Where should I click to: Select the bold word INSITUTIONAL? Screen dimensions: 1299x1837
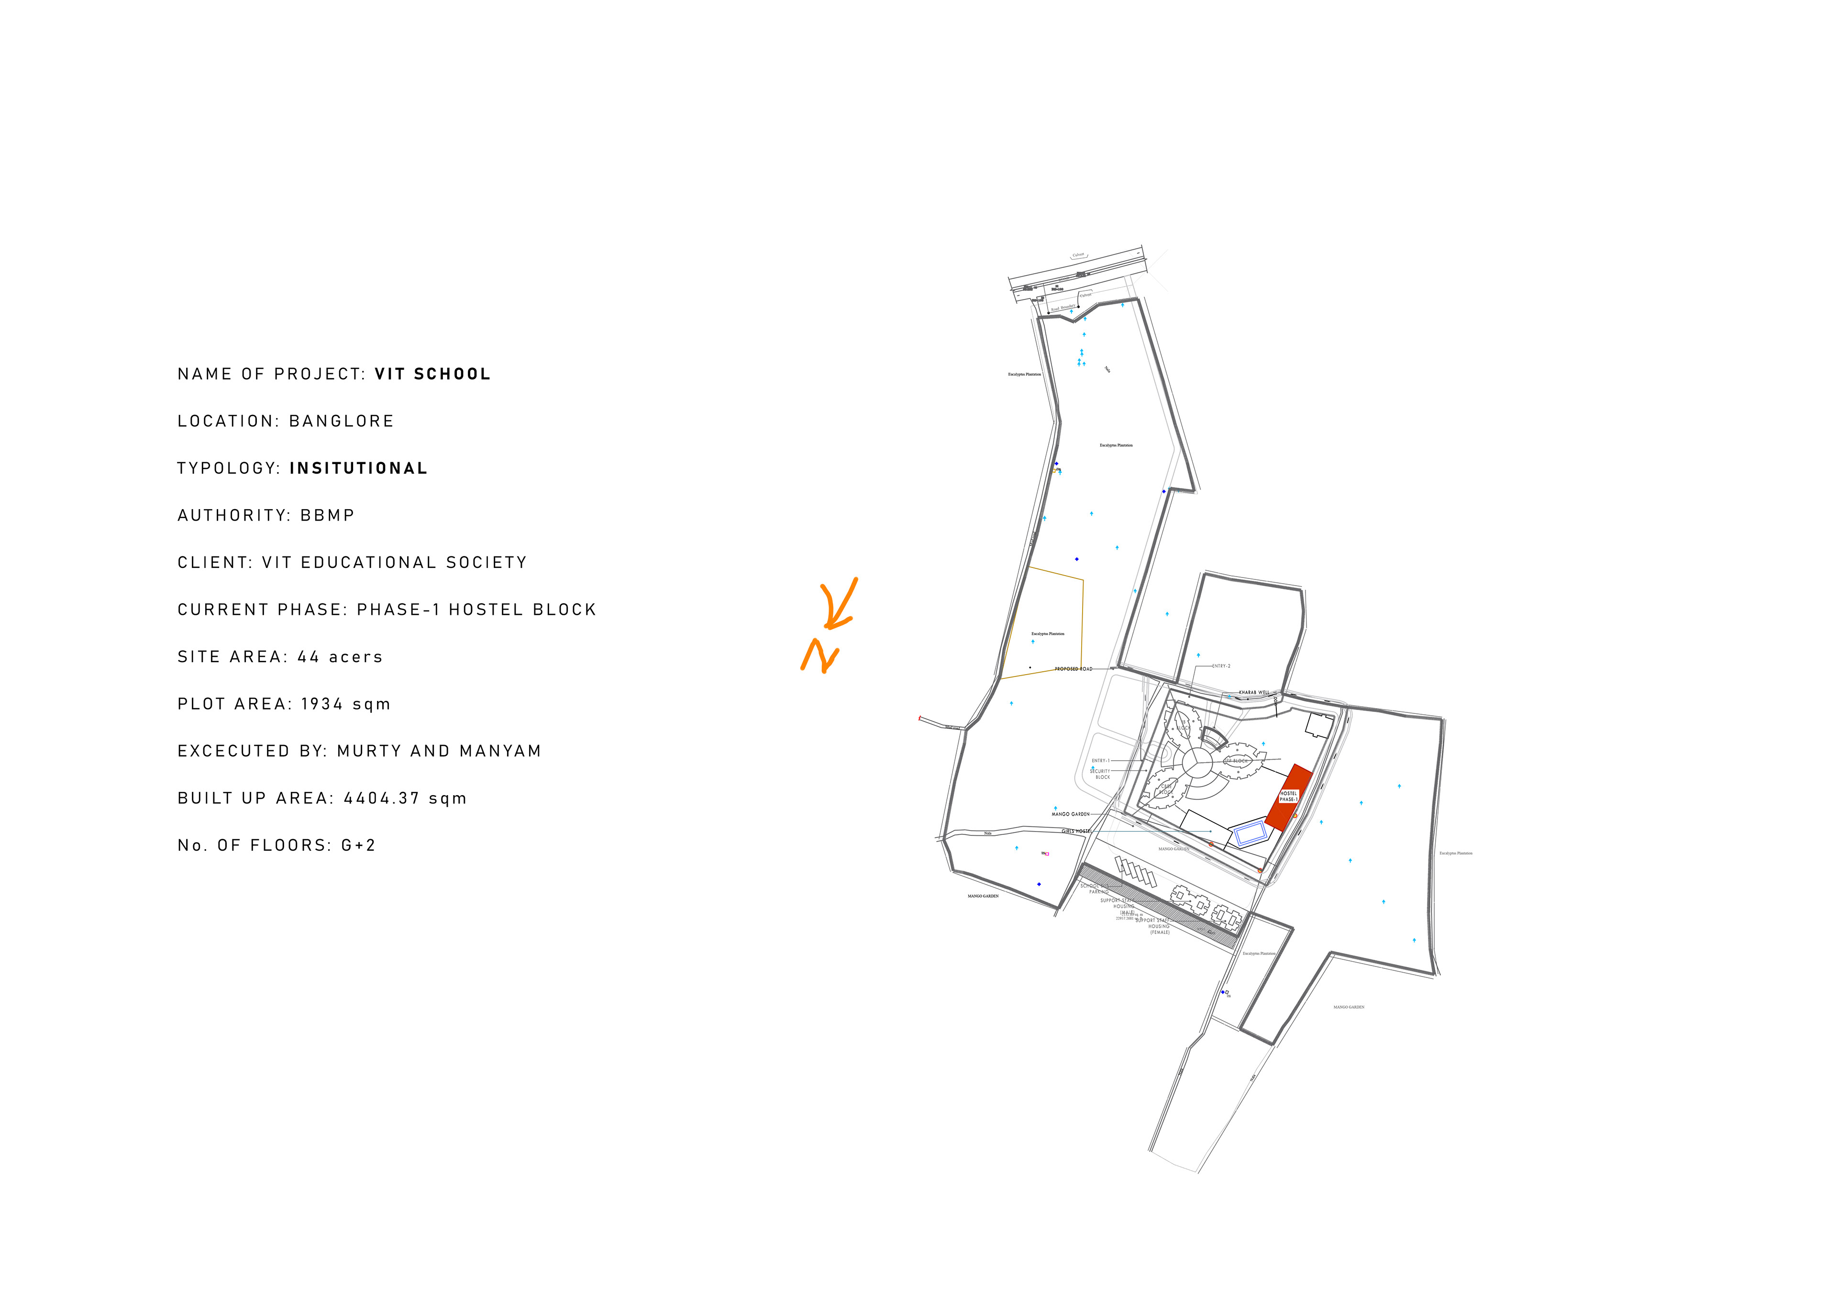point(358,469)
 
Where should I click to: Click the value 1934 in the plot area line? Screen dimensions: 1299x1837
point(321,704)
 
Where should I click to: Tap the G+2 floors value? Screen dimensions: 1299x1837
point(358,846)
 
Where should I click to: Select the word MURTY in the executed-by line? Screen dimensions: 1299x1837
point(369,752)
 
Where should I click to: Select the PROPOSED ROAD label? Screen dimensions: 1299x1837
point(1073,669)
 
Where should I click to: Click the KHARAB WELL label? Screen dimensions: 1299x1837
point(1254,692)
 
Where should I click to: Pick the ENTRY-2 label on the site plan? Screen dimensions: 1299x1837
point(1221,666)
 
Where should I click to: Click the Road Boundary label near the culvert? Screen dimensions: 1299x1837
point(1063,307)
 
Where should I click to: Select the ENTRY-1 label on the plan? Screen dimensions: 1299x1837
point(1100,760)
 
